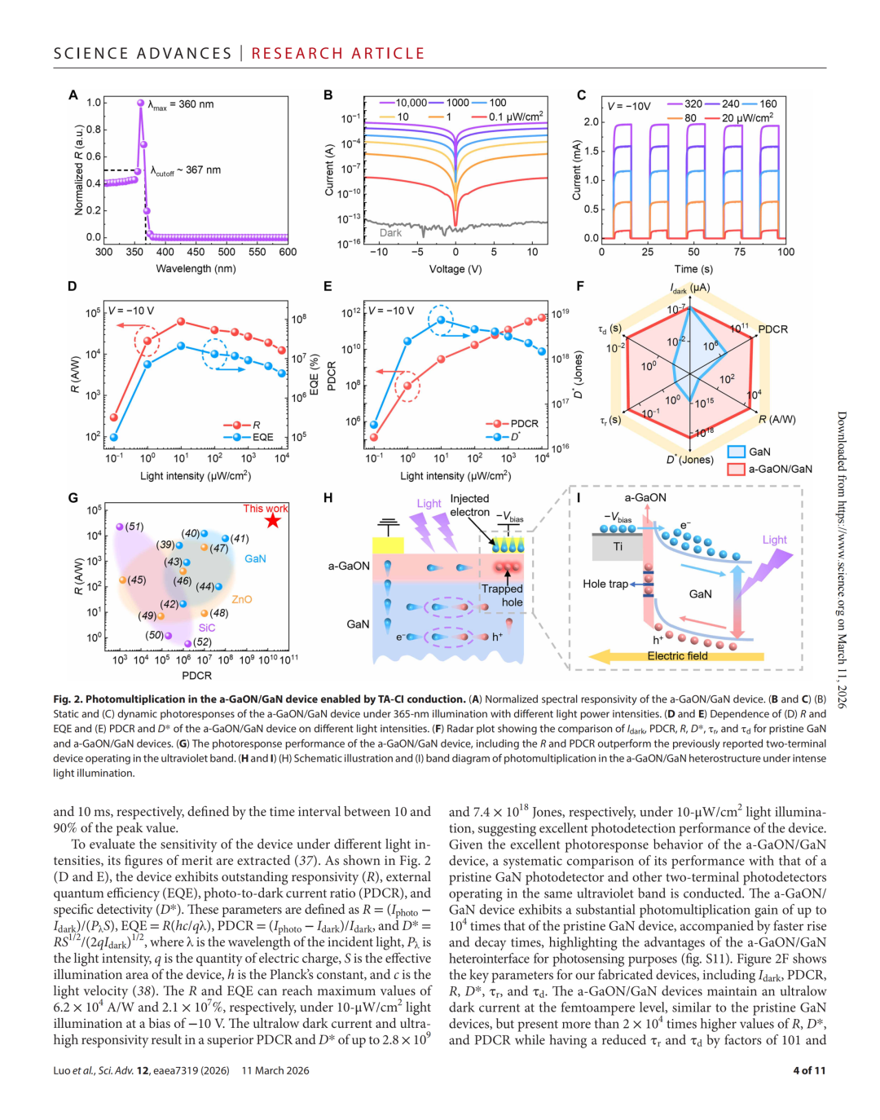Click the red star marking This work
point(273,521)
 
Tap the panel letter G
point(73,498)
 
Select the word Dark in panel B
point(391,233)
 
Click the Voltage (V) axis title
point(455,269)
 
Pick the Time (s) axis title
point(693,269)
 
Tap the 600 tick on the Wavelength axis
point(288,252)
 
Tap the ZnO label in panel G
point(242,599)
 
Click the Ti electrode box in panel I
point(618,547)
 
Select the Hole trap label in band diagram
point(605,584)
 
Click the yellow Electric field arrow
point(676,656)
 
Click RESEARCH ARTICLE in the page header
point(338,54)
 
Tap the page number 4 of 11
point(809,1070)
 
